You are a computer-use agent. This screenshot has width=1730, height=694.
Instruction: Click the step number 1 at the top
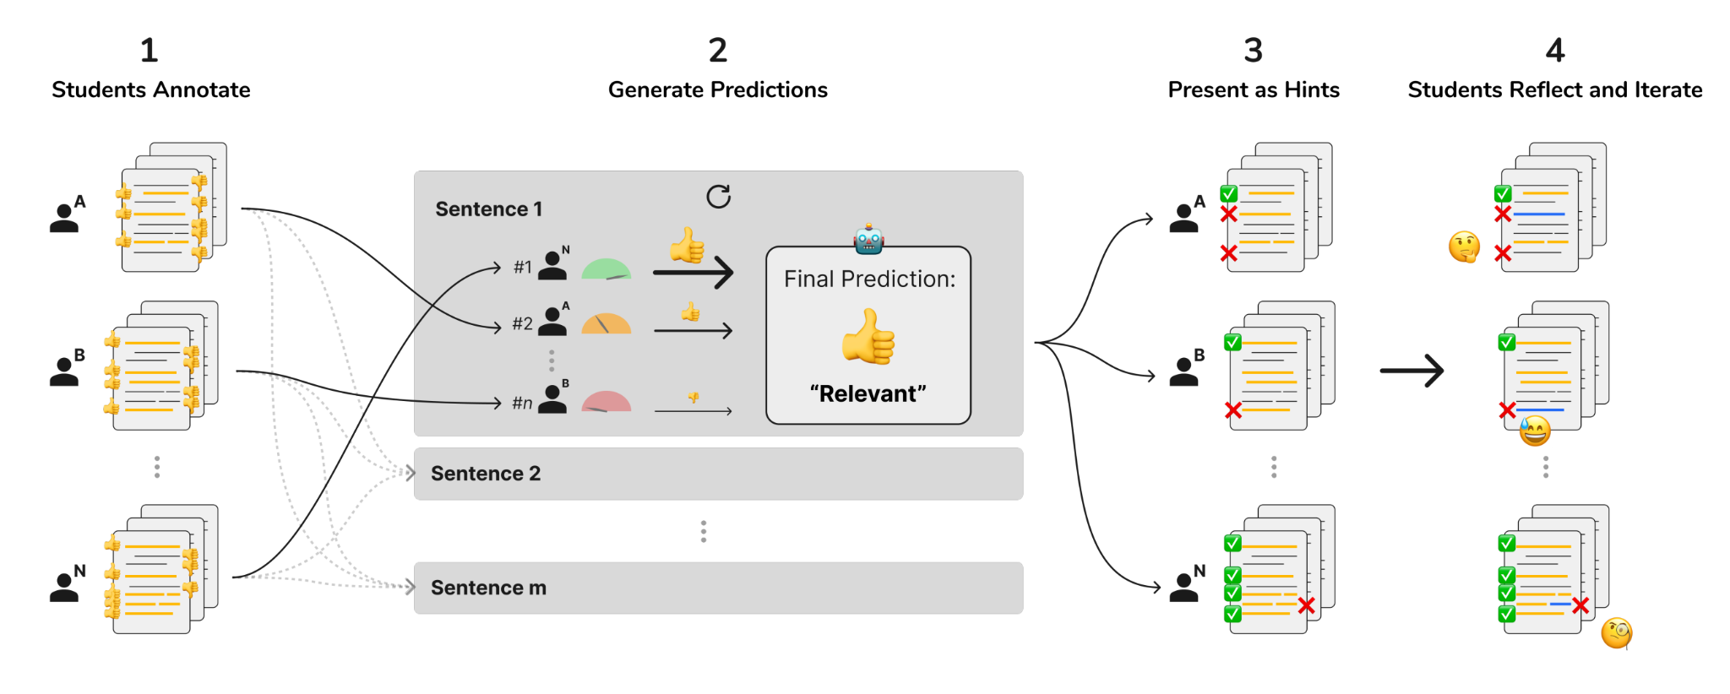149,51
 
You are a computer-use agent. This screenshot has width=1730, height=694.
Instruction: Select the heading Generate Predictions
717,90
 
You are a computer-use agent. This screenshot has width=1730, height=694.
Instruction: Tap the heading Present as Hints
1253,90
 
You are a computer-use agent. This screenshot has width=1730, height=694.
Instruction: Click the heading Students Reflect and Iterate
1554,90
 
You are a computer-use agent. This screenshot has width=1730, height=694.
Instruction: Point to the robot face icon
868,240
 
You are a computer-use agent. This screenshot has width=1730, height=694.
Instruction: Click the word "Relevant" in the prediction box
868,393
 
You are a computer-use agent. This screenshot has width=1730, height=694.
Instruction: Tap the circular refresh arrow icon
718,197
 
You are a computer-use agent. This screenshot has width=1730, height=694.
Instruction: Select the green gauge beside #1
606,269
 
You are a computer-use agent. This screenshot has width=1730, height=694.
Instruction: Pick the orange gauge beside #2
606,324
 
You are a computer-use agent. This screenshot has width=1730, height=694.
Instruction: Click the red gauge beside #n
606,402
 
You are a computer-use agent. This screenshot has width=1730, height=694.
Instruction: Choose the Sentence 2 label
485,474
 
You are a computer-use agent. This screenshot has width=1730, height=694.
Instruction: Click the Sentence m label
488,588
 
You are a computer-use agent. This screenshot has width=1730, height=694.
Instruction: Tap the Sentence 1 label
488,209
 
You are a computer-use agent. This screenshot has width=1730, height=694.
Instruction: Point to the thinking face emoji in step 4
1464,247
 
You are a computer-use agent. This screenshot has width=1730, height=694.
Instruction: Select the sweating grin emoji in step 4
1535,431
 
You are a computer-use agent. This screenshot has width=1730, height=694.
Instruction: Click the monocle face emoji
1616,632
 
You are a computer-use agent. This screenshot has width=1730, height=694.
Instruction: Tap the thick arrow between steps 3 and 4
1412,371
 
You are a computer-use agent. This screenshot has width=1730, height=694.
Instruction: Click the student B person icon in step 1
64,371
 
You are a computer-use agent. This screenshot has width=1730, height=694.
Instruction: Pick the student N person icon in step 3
1183,587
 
